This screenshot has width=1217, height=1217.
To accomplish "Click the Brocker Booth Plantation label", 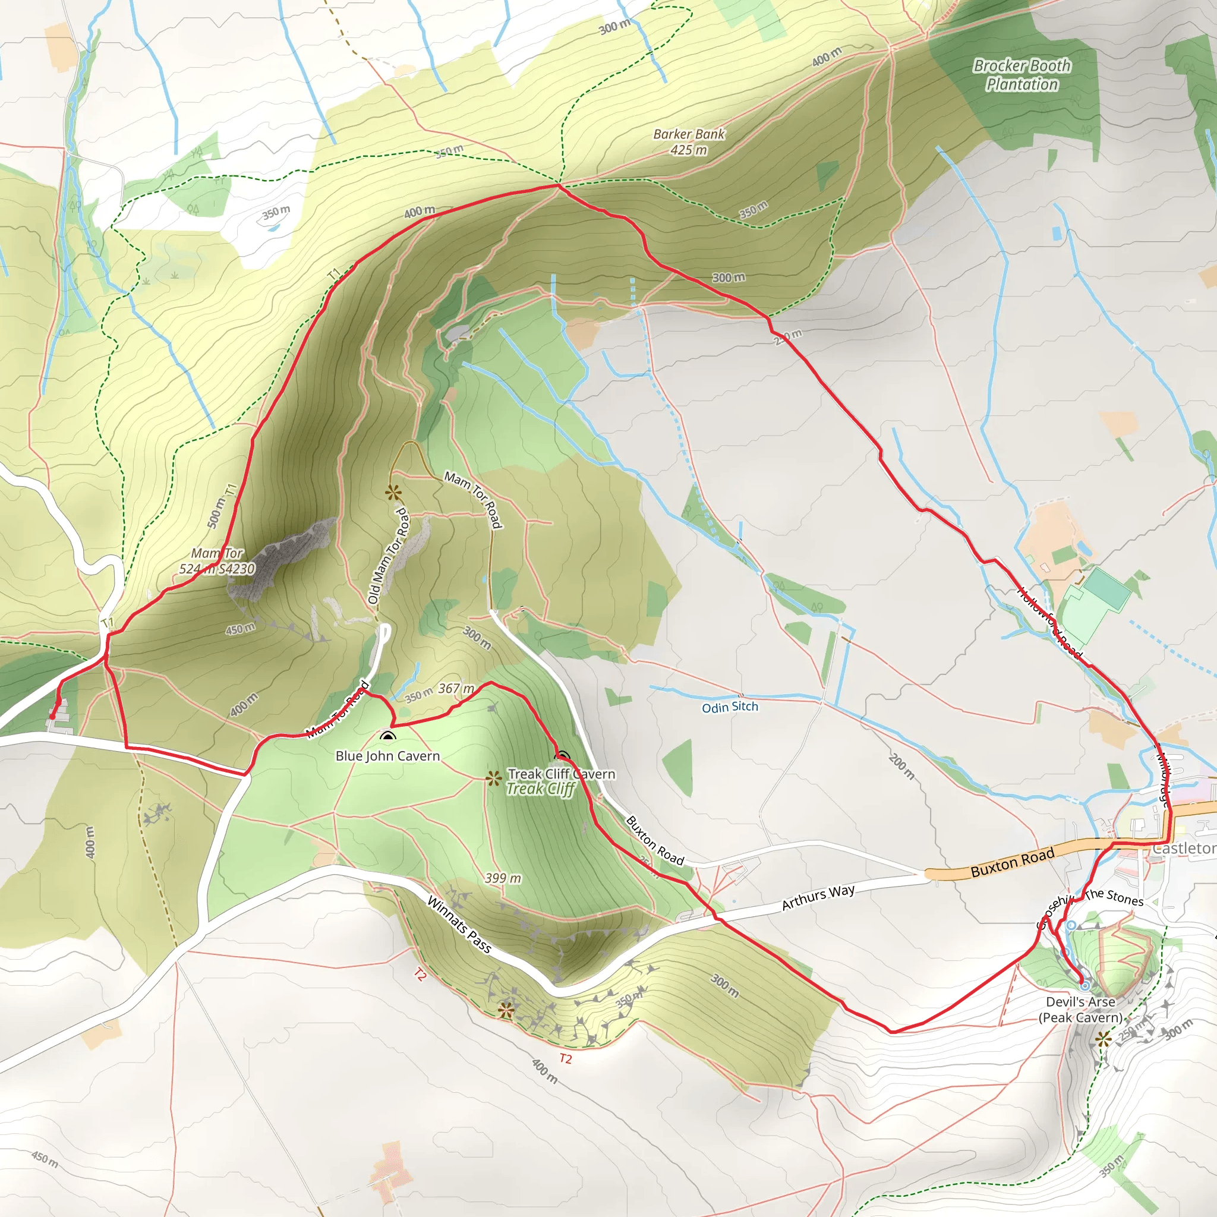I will (1021, 75).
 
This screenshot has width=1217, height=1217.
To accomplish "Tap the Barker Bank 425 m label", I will (689, 142).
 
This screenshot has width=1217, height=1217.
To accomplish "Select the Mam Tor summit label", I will (217, 561).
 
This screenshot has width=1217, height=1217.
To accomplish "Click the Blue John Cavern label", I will (387, 756).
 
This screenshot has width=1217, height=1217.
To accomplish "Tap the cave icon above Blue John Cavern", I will (388, 736).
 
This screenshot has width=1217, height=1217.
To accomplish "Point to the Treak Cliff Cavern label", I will (561, 774).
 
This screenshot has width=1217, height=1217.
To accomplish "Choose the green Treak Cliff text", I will (541, 789).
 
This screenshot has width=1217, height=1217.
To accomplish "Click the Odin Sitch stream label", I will (730, 707).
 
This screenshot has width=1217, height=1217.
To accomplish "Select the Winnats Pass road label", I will (459, 924).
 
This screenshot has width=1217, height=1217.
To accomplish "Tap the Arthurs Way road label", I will (818, 897).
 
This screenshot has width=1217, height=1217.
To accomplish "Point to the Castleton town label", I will (1184, 849).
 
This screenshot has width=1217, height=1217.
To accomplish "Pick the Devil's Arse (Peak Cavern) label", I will (1080, 1009).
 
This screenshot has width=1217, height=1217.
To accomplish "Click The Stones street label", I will (1114, 897).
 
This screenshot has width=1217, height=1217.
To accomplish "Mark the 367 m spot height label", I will (456, 689).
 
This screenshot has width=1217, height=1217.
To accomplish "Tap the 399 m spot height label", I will (503, 878).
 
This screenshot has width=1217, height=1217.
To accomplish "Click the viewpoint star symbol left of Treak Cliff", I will (493, 778).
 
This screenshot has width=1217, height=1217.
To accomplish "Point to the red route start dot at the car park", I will (53, 716).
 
